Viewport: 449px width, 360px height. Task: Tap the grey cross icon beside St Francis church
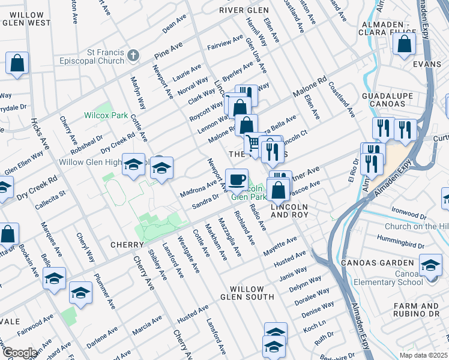tap(133, 56)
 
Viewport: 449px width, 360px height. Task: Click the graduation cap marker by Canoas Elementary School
tap(430, 265)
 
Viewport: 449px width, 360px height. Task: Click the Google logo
tap(19, 353)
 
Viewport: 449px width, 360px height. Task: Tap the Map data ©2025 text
tap(423, 355)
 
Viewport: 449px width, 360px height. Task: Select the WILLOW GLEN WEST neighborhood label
tap(26, 19)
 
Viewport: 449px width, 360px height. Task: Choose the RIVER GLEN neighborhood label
tap(244, 10)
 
